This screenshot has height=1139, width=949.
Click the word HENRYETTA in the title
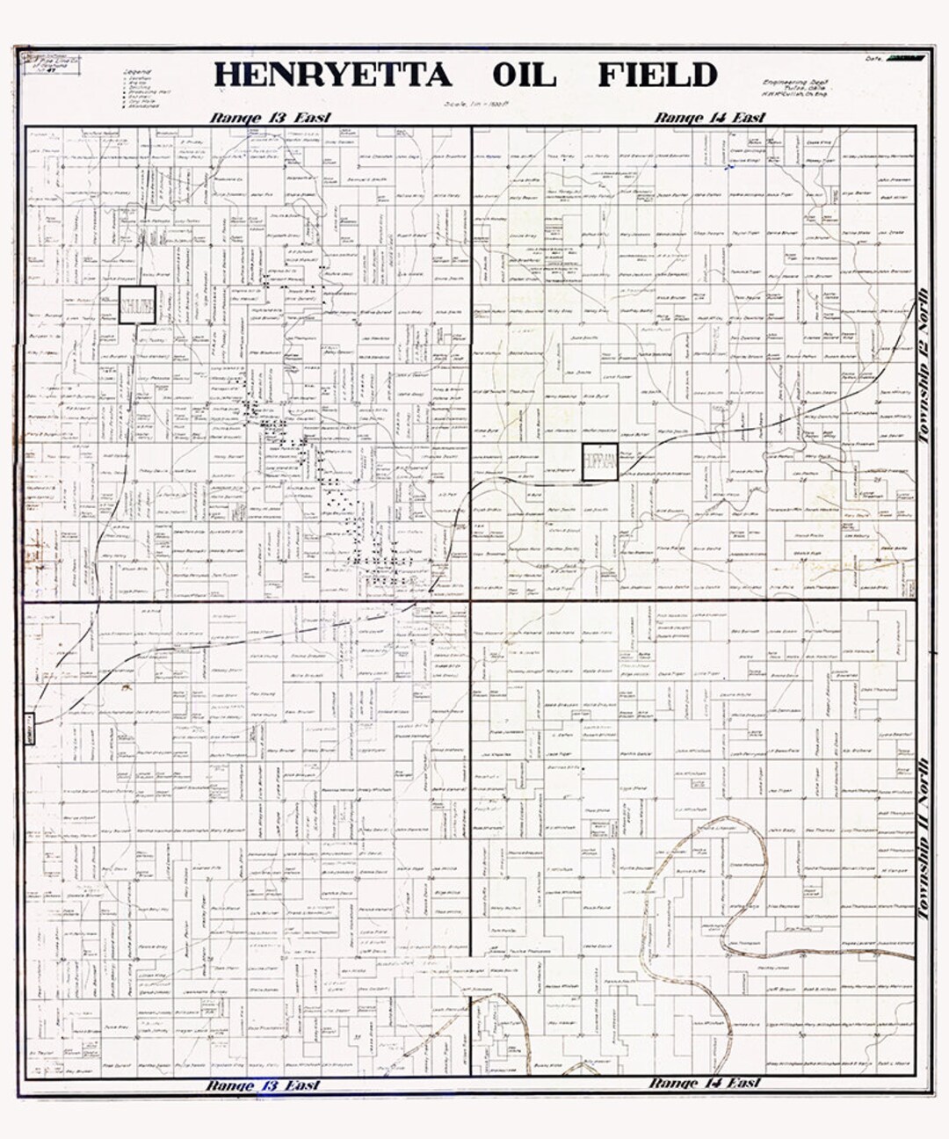coord(332,75)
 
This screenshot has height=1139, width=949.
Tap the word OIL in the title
coord(524,75)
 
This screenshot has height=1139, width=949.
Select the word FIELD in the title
coord(657,75)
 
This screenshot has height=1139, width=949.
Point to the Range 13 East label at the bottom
coord(264,1085)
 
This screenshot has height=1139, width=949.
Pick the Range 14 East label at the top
coord(710,118)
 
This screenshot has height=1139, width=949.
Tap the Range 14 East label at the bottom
coord(705,1083)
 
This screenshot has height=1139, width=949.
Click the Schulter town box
coord(138,305)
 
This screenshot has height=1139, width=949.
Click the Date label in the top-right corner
coord(873,58)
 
